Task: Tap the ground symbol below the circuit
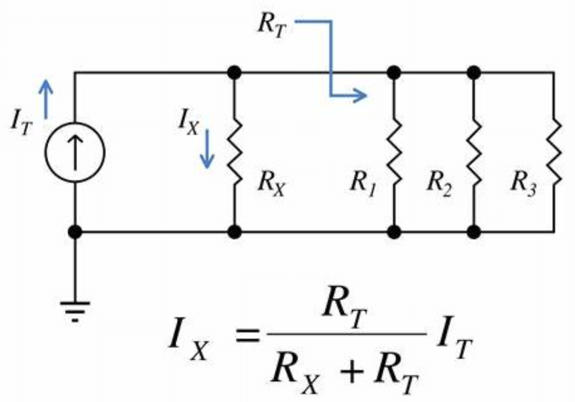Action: coord(75,310)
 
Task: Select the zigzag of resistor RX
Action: coord(234,152)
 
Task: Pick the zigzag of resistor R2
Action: coord(474,152)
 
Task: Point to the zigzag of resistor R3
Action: coord(554,152)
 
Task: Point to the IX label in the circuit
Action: coord(188,123)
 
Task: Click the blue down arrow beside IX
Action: coord(208,150)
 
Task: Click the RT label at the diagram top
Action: coord(271,25)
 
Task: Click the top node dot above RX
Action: coord(234,71)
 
